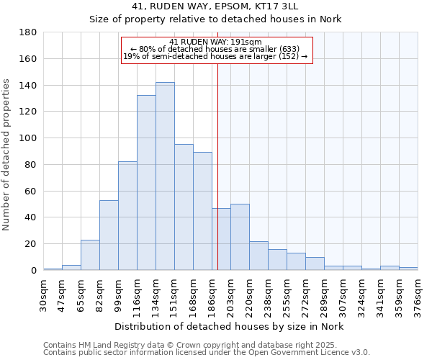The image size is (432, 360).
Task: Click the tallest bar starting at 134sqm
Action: (165, 176)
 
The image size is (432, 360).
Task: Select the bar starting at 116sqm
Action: (146, 183)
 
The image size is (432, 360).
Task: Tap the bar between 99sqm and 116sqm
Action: (127, 216)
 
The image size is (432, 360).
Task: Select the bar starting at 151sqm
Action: (184, 207)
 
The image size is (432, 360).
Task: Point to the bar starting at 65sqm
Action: (90, 255)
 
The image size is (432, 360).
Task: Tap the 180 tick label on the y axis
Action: (29, 32)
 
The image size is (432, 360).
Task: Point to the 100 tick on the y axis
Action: (29, 138)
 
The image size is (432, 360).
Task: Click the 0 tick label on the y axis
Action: (33, 271)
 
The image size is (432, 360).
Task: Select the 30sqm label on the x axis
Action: (43, 293)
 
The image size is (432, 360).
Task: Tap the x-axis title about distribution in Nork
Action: (229, 326)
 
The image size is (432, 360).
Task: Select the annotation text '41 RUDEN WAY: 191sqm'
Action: (216, 42)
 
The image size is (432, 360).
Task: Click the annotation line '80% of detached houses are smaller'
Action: (215, 49)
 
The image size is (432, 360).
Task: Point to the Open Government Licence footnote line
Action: (207, 352)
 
